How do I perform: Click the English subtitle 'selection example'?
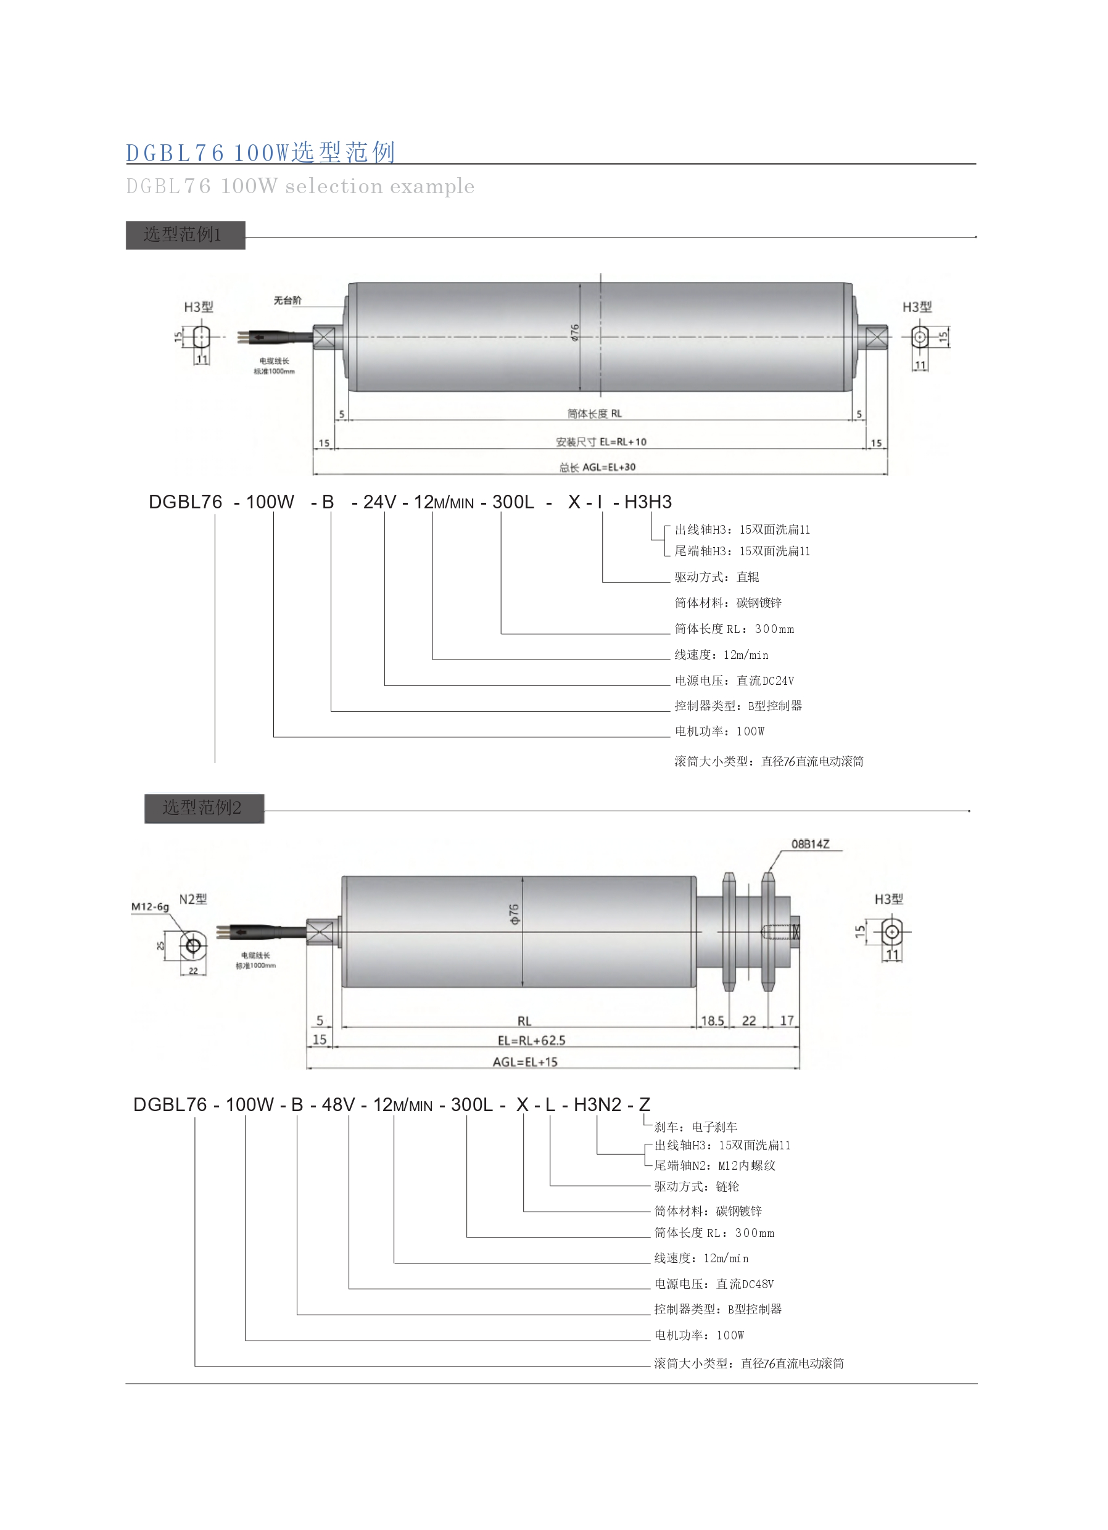tap(379, 186)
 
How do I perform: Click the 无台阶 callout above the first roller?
tap(287, 300)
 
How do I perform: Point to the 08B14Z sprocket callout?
tap(810, 844)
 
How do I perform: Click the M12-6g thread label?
tap(150, 907)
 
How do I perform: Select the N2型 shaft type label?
tap(193, 899)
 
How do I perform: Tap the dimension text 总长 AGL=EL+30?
tap(597, 467)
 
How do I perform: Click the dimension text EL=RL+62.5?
tap(531, 1040)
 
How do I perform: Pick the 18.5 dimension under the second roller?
tap(712, 1020)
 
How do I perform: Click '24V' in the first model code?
tap(379, 502)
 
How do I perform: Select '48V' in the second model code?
tap(338, 1104)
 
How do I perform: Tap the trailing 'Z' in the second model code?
tap(645, 1104)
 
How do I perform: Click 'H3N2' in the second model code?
tap(597, 1104)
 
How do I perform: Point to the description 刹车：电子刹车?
tap(696, 1127)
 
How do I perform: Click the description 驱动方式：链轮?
tap(697, 1186)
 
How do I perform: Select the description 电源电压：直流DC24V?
tap(734, 680)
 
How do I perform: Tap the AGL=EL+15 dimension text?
tap(525, 1062)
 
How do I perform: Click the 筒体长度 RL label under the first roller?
tap(595, 413)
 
